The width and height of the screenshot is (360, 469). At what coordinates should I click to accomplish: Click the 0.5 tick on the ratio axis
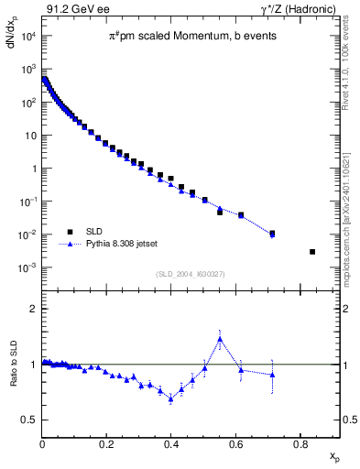[28, 420]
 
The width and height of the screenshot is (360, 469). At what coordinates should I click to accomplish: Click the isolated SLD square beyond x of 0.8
[312, 252]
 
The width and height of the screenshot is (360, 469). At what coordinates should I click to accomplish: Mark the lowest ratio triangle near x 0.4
[170, 398]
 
